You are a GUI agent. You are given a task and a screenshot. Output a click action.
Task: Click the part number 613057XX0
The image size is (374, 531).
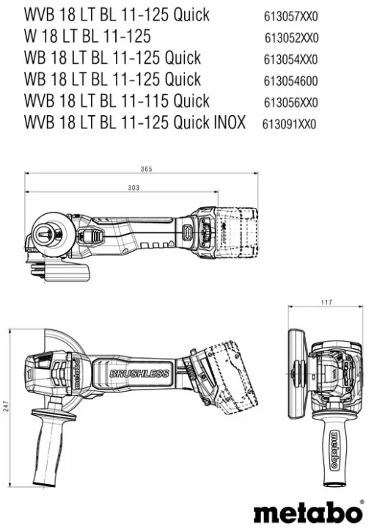(x=290, y=15)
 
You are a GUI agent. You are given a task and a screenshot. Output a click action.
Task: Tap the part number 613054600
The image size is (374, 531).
(x=290, y=81)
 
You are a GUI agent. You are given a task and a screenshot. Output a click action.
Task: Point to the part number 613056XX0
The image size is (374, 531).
(x=290, y=103)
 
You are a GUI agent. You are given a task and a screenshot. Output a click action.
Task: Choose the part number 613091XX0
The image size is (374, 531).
(x=289, y=124)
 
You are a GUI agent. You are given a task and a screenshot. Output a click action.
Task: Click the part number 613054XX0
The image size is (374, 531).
(x=290, y=59)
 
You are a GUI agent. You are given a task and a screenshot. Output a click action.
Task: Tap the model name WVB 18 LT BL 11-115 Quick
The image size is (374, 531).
(x=117, y=101)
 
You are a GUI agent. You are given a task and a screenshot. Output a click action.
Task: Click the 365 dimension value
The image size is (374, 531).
(x=147, y=169)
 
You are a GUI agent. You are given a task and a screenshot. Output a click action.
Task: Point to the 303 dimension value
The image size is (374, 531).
(x=133, y=188)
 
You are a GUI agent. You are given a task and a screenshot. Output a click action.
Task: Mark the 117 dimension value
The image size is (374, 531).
(x=326, y=302)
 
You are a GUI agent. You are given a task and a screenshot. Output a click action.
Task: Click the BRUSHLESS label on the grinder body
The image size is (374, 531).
(x=139, y=374)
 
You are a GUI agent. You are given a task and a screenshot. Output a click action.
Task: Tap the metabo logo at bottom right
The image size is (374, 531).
(x=308, y=510)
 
